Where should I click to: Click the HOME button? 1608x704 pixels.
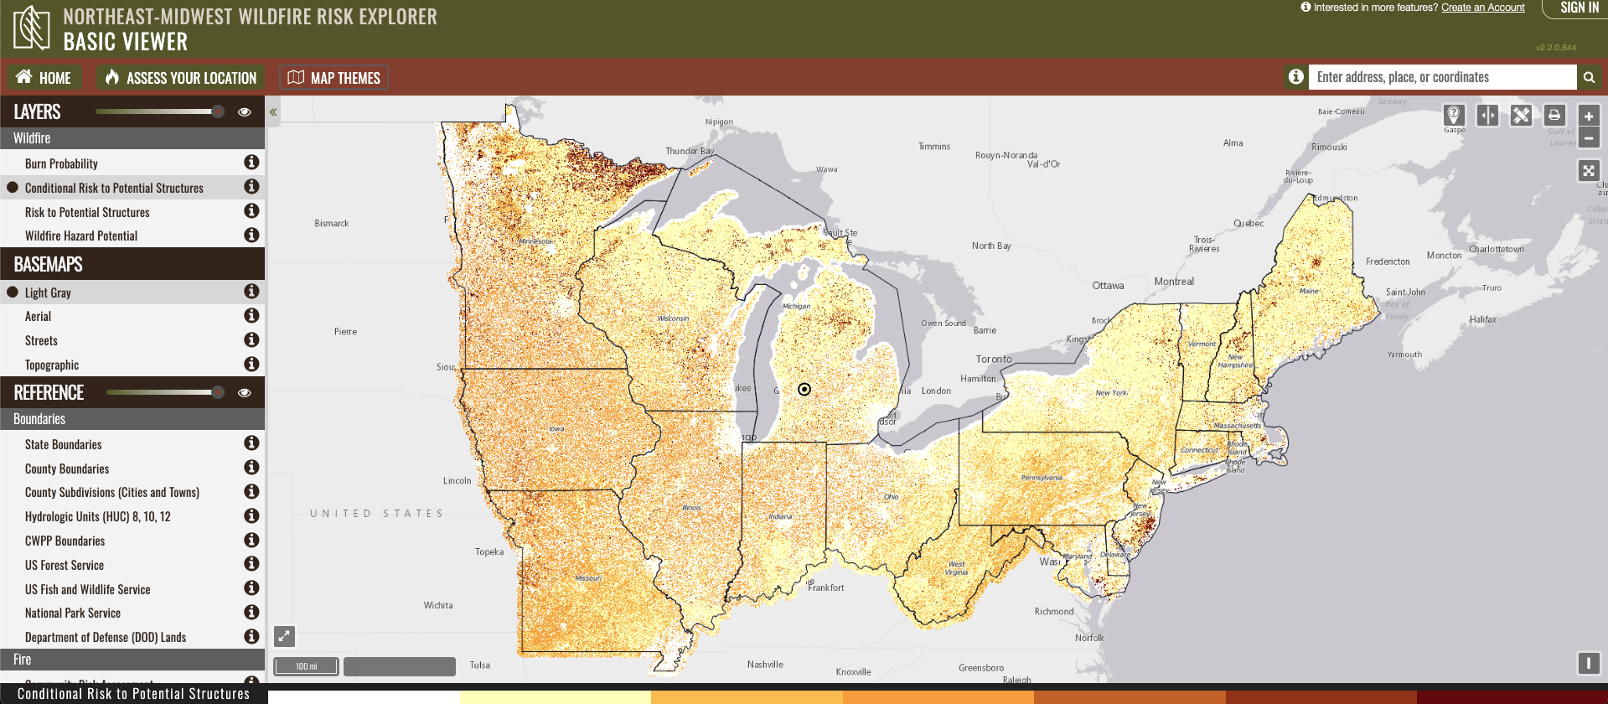click(44, 78)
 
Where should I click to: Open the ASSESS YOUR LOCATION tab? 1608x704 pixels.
click(181, 78)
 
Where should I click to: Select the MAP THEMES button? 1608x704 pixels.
click(333, 78)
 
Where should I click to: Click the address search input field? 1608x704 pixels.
click(1441, 77)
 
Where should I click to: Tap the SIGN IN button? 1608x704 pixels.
click(1579, 8)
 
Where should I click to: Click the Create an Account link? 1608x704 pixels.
click(1482, 8)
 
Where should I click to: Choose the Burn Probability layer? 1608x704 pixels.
click(61, 163)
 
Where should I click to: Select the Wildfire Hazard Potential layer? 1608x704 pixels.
click(80, 236)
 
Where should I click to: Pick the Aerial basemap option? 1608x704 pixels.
click(38, 316)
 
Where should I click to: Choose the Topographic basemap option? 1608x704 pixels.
click(52, 365)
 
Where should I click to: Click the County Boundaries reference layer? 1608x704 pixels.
click(67, 468)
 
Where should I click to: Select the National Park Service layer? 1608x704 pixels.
click(73, 613)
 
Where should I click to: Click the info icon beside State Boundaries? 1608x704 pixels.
click(251, 443)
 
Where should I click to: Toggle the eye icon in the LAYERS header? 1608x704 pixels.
click(245, 111)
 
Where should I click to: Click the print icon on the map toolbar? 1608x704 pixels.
click(1554, 116)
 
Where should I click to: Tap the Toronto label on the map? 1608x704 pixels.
click(994, 359)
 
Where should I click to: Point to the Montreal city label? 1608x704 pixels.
click(1174, 282)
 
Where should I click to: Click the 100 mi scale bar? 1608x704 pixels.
click(307, 666)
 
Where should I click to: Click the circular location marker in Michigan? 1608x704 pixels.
click(804, 389)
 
